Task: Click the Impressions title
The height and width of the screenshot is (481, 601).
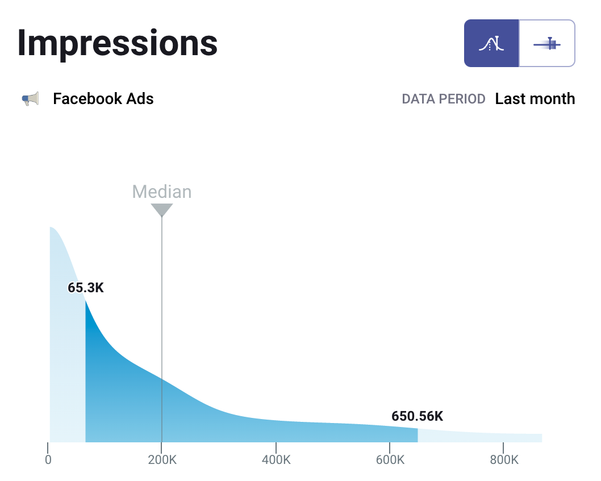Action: pyautogui.click(x=117, y=43)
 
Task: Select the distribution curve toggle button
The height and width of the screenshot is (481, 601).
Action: pyautogui.click(x=491, y=43)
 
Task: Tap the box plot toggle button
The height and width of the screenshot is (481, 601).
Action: pyautogui.click(x=547, y=43)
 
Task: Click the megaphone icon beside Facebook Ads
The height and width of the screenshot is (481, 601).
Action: pyautogui.click(x=30, y=99)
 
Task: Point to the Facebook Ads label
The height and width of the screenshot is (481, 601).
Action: pyautogui.click(x=103, y=99)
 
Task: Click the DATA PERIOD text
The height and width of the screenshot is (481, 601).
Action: pyautogui.click(x=443, y=99)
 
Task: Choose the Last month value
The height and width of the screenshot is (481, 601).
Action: pyautogui.click(x=535, y=99)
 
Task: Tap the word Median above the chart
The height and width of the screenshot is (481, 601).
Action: pyautogui.click(x=162, y=192)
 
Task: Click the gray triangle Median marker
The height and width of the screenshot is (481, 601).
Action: pyautogui.click(x=162, y=209)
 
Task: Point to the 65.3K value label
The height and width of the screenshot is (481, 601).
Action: pyautogui.click(x=86, y=288)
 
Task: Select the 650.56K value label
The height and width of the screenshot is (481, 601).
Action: pyautogui.click(x=417, y=416)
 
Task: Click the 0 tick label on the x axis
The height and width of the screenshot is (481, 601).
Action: pyautogui.click(x=49, y=459)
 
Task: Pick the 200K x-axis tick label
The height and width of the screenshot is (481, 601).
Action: pyautogui.click(x=162, y=459)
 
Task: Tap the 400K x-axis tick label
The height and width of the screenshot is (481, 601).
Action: pyautogui.click(x=276, y=459)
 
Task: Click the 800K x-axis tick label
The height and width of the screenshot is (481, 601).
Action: pyautogui.click(x=503, y=459)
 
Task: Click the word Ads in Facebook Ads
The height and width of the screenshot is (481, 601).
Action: pyautogui.click(x=141, y=99)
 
